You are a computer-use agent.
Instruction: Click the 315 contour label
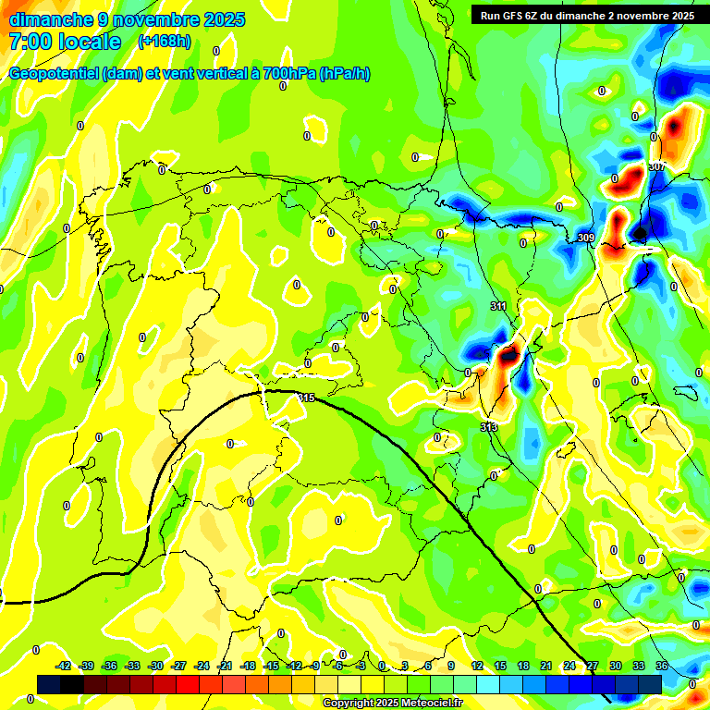click(307, 398)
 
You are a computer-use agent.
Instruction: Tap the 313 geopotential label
click(489, 427)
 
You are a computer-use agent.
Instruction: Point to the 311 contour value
click(498, 306)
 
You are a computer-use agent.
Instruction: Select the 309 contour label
click(585, 239)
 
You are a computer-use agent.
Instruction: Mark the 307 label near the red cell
click(657, 166)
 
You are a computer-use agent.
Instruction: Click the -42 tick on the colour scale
click(64, 666)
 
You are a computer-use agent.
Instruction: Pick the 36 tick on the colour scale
click(662, 666)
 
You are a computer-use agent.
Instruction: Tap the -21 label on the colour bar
click(225, 666)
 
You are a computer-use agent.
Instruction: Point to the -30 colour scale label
click(155, 666)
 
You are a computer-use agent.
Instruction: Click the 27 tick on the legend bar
click(593, 666)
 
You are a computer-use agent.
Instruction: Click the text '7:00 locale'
click(65, 43)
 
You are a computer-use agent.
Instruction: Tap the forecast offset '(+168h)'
click(165, 42)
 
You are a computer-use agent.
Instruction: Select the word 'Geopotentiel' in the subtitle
click(54, 74)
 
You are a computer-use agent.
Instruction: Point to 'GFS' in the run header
click(516, 16)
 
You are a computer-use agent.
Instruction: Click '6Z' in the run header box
click(538, 16)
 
